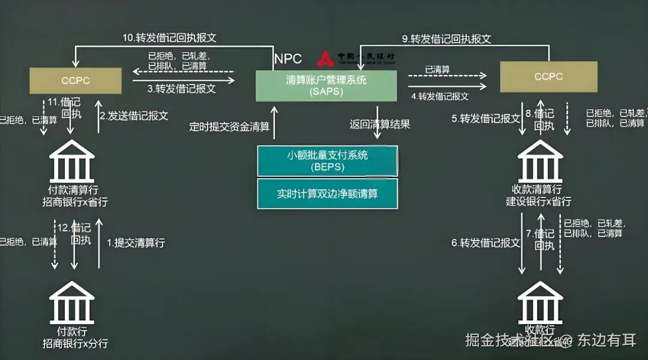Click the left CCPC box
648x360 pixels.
(x=76, y=80)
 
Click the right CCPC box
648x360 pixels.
(x=548, y=77)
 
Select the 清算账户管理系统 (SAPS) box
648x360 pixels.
(x=326, y=86)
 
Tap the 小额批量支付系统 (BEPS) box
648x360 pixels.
(x=327, y=161)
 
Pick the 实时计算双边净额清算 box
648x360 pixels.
(x=327, y=194)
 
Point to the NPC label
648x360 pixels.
(x=288, y=59)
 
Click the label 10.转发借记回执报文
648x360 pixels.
(x=170, y=37)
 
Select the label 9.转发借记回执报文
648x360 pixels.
(x=446, y=39)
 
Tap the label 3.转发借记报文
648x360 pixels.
(x=181, y=88)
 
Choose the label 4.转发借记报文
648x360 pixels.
(x=440, y=96)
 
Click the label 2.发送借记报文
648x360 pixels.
(x=134, y=116)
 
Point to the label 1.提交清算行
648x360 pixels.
(x=136, y=243)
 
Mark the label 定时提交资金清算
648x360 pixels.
(x=229, y=126)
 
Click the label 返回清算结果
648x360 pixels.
(x=380, y=125)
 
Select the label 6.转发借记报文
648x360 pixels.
(x=485, y=243)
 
